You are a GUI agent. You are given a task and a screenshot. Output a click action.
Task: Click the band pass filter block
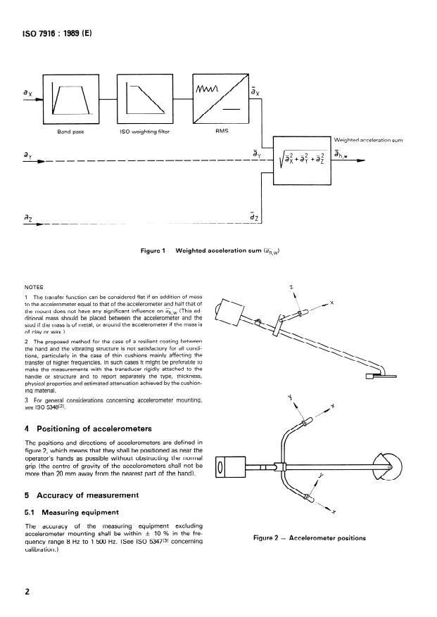72,98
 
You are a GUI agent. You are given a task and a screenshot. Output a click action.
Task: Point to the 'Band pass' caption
71,132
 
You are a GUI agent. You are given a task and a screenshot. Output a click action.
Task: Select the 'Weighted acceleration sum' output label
368,141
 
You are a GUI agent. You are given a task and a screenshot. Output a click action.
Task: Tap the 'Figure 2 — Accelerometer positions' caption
310,539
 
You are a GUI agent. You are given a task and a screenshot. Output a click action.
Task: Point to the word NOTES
34,287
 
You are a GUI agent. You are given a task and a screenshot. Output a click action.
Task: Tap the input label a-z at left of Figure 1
29,220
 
